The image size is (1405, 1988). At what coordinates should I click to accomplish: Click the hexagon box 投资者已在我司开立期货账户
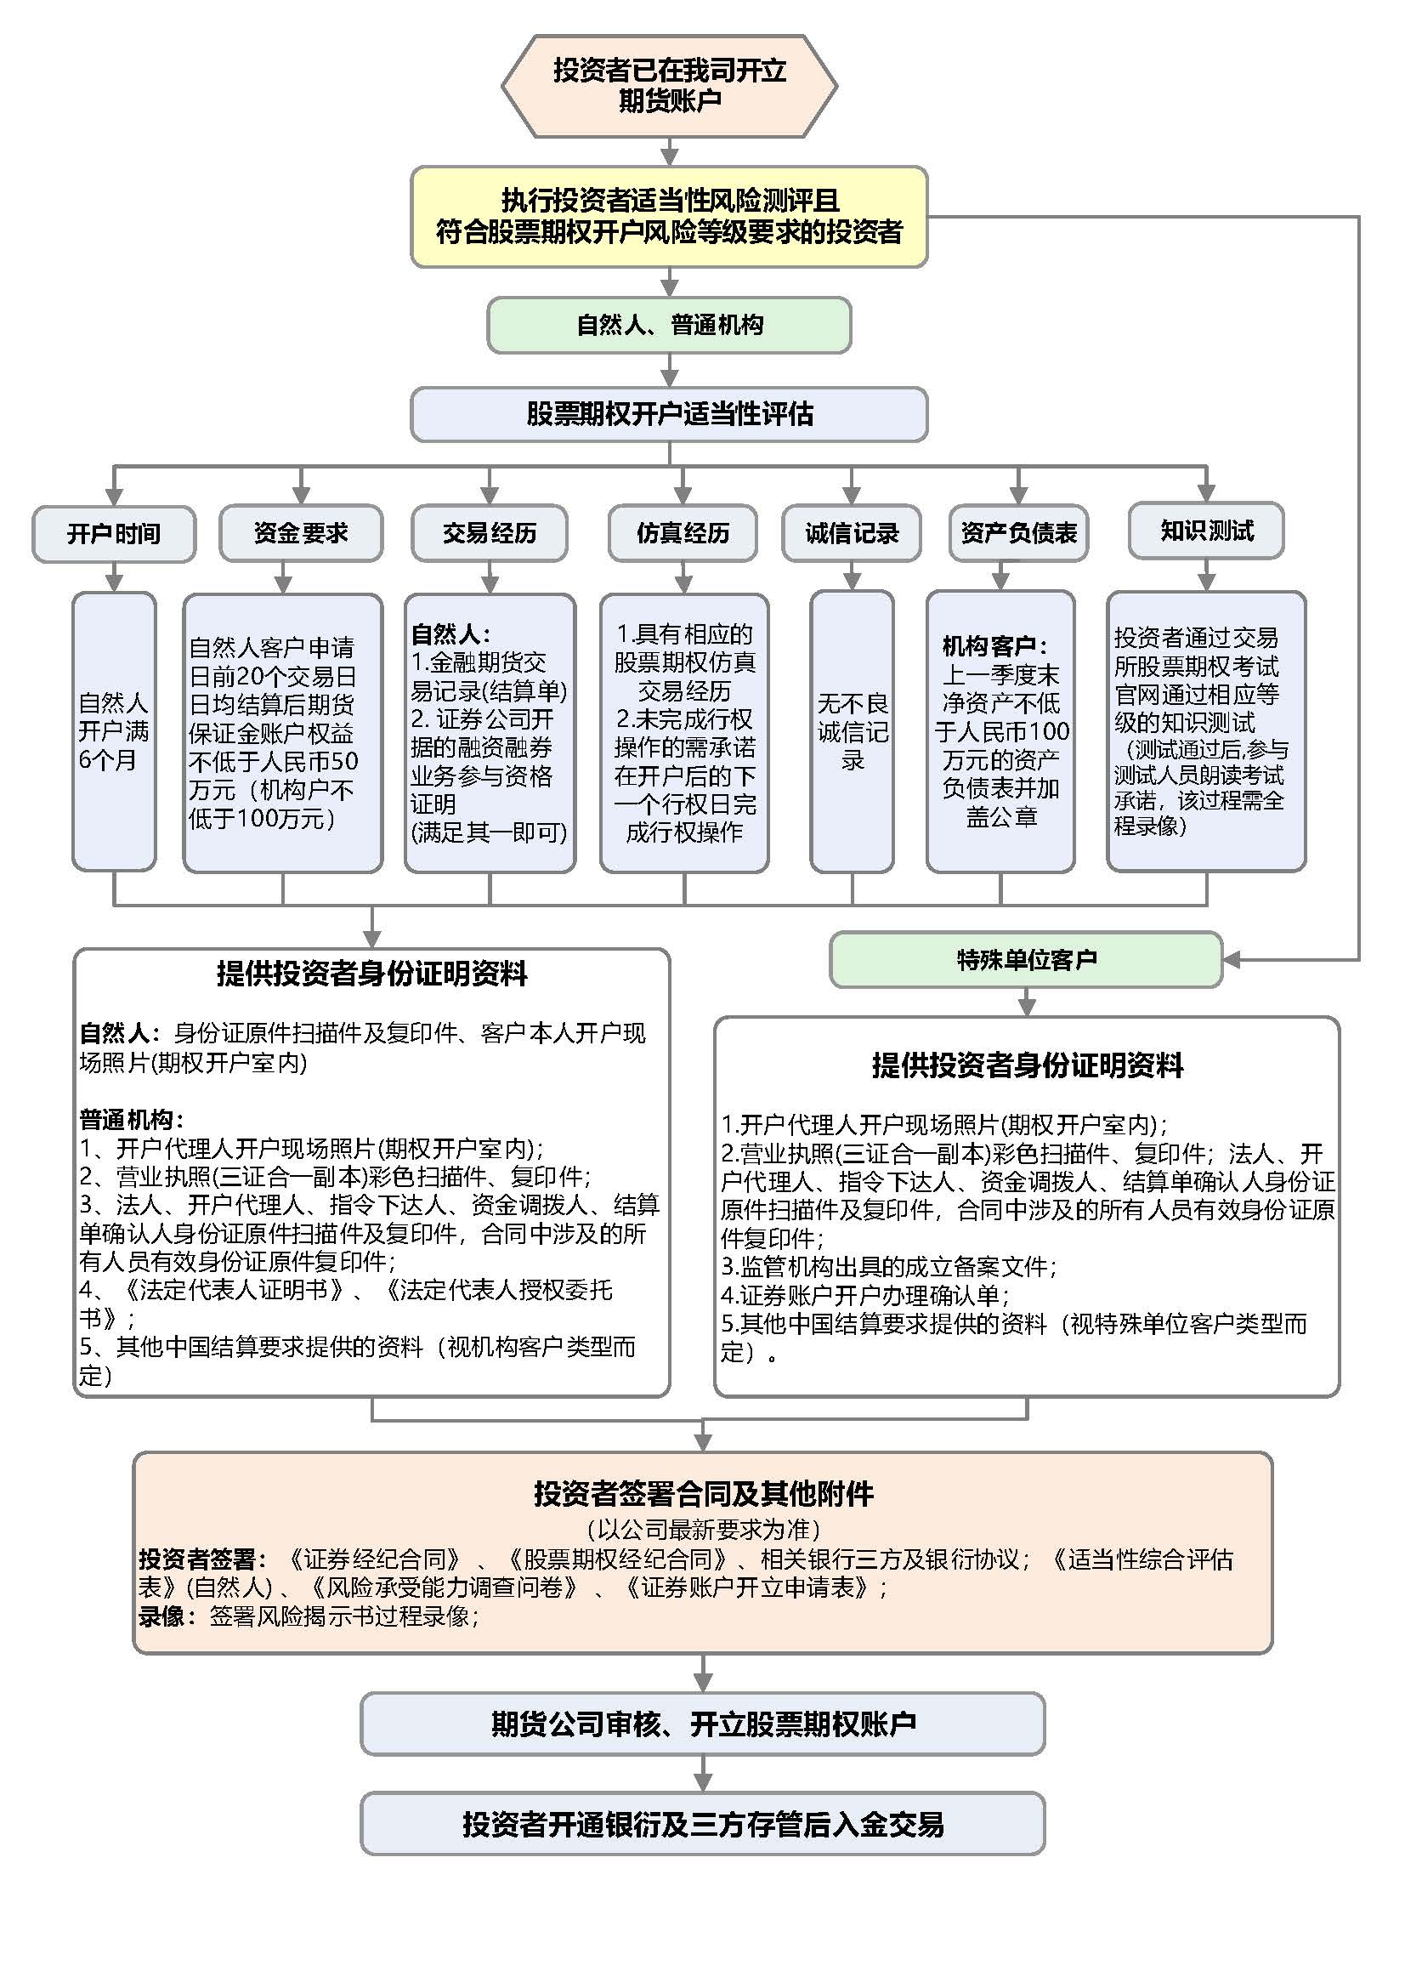(x=669, y=85)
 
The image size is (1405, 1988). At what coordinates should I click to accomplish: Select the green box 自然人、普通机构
(x=669, y=325)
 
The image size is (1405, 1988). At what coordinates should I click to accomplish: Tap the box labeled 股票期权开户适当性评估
(x=669, y=413)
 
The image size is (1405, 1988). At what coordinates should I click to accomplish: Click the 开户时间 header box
(x=113, y=533)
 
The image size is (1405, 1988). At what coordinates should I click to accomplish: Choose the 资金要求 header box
(x=300, y=533)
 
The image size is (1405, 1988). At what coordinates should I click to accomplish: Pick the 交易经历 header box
(x=489, y=533)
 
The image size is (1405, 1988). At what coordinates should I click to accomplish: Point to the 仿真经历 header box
(x=683, y=533)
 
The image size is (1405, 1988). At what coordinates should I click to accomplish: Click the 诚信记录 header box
(x=852, y=533)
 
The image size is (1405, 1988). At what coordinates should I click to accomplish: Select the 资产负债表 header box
(x=1018, y=533)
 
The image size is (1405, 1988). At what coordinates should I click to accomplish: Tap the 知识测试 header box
(x=1206, y=530)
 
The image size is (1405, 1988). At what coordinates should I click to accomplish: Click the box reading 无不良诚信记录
(x=852, y=731)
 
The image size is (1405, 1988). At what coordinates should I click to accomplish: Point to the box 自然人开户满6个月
(x=113, y=731)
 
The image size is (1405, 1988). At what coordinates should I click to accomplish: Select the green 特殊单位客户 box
(x=1026, y=959)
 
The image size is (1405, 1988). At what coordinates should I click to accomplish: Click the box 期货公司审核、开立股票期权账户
(x=702, y=1723)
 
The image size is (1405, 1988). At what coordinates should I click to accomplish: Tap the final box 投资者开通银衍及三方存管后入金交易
(x=702, y=1824)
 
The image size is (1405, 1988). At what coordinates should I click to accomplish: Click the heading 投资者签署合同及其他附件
(x=703, y=1493)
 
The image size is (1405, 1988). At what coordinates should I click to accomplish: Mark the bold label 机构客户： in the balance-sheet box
(x=994, y=646)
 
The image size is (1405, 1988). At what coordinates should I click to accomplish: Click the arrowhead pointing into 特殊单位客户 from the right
(x=1231, y=959)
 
